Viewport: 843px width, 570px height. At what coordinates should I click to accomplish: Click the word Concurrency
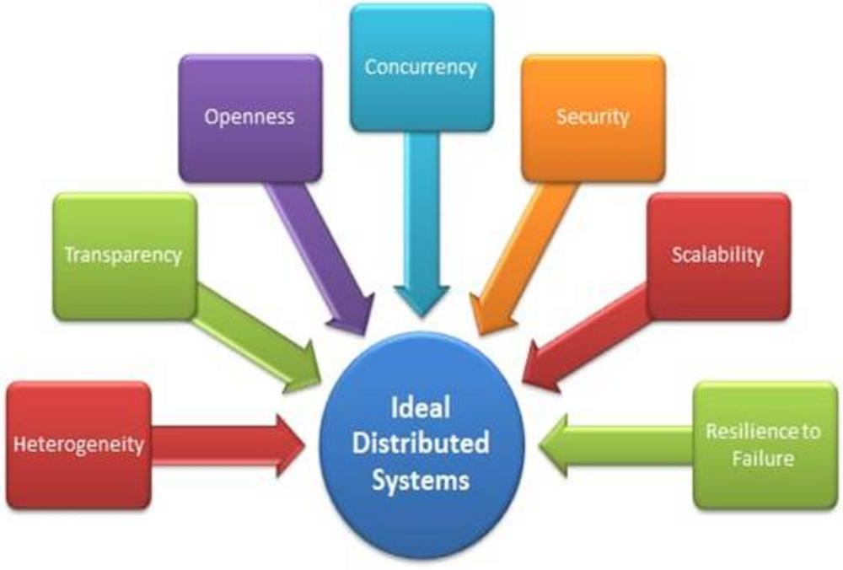pos(421,67)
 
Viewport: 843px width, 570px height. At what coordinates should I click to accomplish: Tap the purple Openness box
pos(250,118)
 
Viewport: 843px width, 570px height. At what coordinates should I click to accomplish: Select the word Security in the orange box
pos(593,116)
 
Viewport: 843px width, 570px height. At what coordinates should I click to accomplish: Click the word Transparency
pos(123,255)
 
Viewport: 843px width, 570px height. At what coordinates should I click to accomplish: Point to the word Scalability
pos(717,255)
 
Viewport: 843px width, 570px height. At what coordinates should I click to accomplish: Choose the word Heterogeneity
pos(78,444)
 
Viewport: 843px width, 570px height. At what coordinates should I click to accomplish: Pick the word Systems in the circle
pos(421,480)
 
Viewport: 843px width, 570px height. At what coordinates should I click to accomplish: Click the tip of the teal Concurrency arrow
pos(422,317)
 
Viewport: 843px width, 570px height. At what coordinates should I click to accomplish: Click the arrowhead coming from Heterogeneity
pos(290,445)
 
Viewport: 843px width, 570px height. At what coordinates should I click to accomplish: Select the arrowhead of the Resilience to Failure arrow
pos(554,445)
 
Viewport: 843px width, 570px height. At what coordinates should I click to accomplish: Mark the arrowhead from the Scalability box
pos(540,367)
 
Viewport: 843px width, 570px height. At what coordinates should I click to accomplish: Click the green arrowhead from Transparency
pos(303,368)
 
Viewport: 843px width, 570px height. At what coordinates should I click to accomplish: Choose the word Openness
pos(250,116)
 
